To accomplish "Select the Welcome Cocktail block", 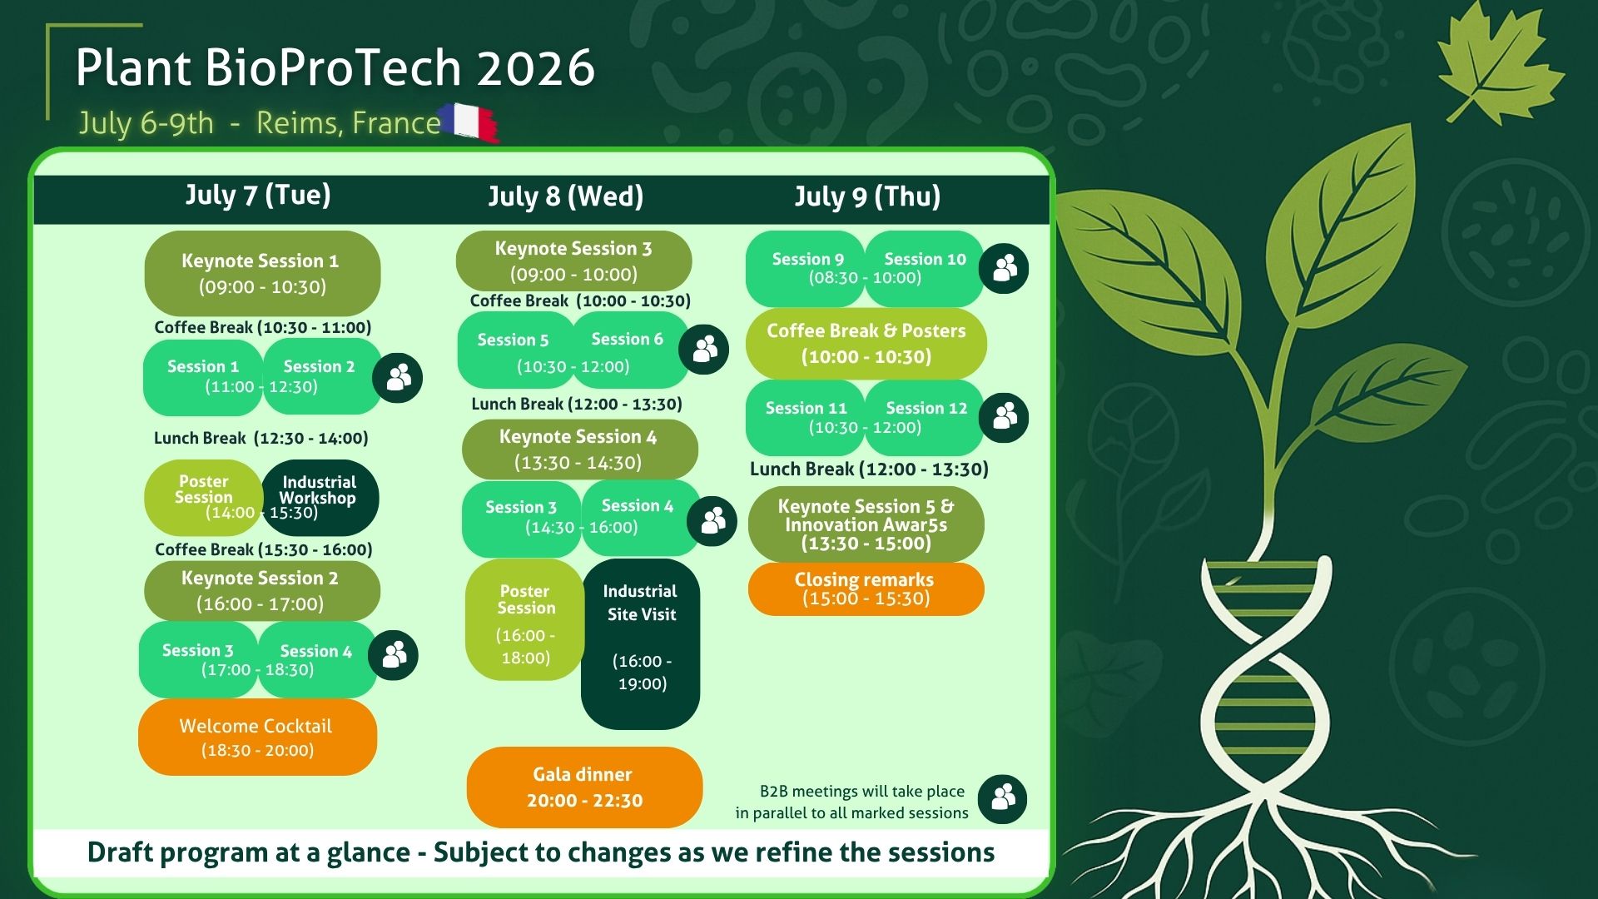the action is pos(257,738).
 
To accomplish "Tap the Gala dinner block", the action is pos(584,787).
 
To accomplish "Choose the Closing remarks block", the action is pos(866,589).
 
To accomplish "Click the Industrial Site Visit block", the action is pos(640,643).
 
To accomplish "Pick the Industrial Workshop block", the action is pos(320,497).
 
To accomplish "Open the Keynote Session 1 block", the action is pos(262,273).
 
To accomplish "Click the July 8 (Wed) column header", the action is pos(565,196).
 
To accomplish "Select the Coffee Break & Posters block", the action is pos(866,344).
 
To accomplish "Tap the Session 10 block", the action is pos(924,268).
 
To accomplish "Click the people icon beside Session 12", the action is pos(1004,417).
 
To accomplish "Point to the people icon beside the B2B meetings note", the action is pos(1002,799).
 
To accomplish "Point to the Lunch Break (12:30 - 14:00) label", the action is pos(261,438).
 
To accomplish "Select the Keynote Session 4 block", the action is pos(579,449).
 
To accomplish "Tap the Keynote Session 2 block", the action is pos(261,591).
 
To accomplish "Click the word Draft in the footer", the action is pos(122,852).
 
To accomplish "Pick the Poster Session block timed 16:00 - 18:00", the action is pos(524,620).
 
